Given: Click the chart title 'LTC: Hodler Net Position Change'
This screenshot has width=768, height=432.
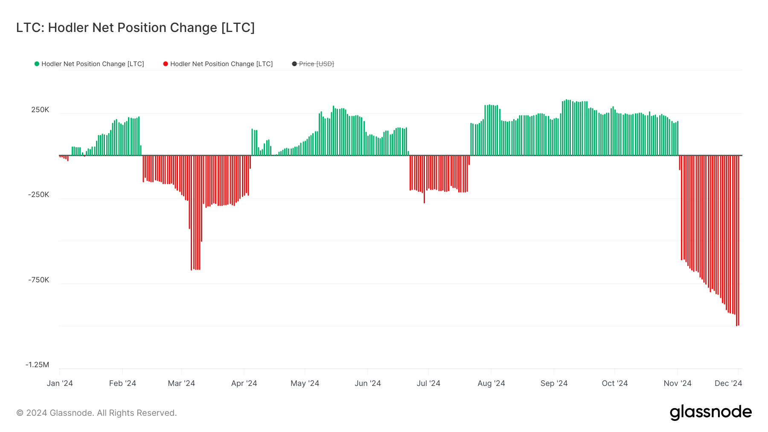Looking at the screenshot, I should (x=135, y=28).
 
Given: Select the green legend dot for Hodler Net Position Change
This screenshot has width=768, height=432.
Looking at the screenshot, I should (x=37, y=64).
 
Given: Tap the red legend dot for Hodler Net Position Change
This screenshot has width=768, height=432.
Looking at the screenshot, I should (x=166, y=64).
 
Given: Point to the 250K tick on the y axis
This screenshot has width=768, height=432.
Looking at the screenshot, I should (x=40, y=110).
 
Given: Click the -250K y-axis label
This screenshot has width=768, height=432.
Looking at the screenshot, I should (x=39, y=195).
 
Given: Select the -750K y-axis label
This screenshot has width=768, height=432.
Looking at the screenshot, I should (x=39, y=280).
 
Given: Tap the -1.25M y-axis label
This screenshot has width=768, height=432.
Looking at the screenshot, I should (x=38, y=365).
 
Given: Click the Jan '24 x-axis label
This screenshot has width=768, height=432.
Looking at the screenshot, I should (x=60, y=383).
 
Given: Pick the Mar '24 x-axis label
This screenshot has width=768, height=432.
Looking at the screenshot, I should (x=181, y=383).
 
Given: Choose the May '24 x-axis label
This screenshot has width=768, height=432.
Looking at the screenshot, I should (x=305, y=383).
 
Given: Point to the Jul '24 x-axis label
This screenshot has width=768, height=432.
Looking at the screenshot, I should (x=428, y=383).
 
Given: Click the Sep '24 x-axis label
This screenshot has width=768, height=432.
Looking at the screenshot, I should (x=554, y=383).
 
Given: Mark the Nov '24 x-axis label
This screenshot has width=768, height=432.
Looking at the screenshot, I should (x=678, y=383).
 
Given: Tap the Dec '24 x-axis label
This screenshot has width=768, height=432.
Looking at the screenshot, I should (x=728, y=383).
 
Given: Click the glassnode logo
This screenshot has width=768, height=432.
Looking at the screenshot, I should (x=710, y=412).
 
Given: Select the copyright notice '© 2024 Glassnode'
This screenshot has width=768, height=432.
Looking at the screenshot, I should (x=96, y=413).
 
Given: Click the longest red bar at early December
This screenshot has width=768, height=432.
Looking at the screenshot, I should (x=737, y=256).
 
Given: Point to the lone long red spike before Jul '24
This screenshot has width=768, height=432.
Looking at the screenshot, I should (x=424, y=188).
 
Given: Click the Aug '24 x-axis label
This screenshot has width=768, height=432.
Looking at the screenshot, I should (x=491, y=383).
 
